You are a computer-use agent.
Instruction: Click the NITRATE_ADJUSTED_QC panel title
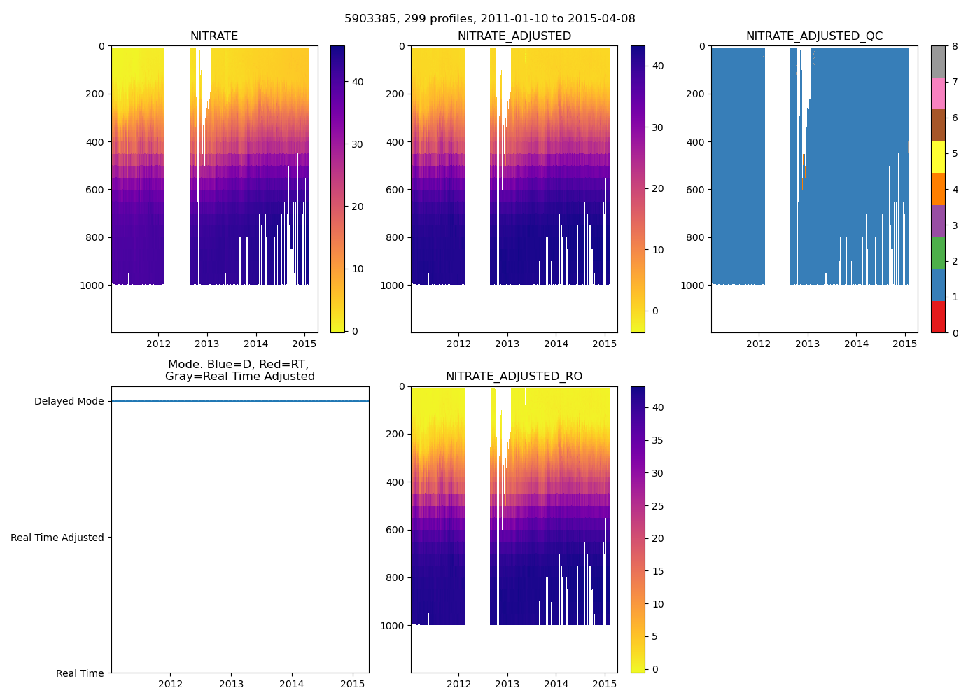814,36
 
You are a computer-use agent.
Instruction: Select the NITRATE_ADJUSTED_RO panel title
514,377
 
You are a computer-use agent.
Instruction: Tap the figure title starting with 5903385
490,19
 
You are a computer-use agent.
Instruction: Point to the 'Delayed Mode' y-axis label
69,402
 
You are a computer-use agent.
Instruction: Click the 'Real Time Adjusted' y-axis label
57,538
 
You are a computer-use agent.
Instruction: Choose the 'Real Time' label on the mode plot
80,673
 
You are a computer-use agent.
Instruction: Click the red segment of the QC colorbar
938,316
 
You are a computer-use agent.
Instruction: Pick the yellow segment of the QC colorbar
938,157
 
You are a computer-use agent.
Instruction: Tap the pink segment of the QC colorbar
938,93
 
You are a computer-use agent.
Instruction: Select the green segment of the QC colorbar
938,253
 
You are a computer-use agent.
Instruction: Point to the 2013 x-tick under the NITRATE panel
207,344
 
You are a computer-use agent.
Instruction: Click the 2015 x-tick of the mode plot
353,684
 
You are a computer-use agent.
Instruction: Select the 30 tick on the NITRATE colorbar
357,144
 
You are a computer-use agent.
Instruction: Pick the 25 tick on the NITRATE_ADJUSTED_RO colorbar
658,506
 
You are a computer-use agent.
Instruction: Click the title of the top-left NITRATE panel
214,36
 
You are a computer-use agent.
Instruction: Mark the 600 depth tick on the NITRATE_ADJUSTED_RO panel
395,530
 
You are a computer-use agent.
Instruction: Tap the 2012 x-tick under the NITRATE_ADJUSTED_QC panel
758,344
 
